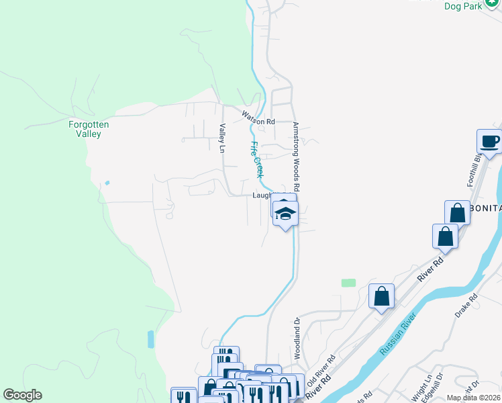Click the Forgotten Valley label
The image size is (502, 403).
89,129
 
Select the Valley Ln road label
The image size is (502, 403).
221,138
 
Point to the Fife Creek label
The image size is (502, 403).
256,159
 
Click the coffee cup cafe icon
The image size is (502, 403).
489,142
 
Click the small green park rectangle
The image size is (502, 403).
348,283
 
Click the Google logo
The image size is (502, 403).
22,395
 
